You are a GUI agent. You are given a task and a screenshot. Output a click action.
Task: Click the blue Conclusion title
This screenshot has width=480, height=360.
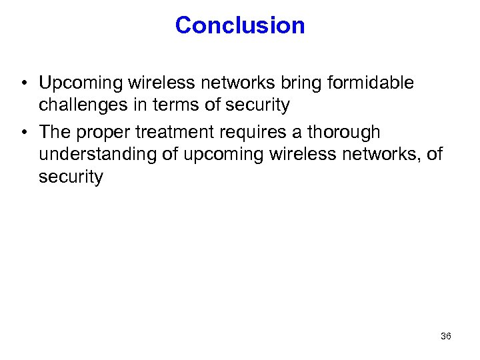pos(240,25)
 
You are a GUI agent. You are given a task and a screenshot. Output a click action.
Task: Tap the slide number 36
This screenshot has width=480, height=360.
pos(446,336)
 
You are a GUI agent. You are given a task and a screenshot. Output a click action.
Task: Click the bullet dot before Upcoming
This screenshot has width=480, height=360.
pos(23,83)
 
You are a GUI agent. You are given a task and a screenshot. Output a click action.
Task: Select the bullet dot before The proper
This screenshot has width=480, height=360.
pos(23,133)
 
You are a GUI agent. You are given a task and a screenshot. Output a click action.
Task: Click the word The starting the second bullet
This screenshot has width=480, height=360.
pos(55,133)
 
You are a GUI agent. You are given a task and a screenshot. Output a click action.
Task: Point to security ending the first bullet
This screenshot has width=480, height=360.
pos(257,105)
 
